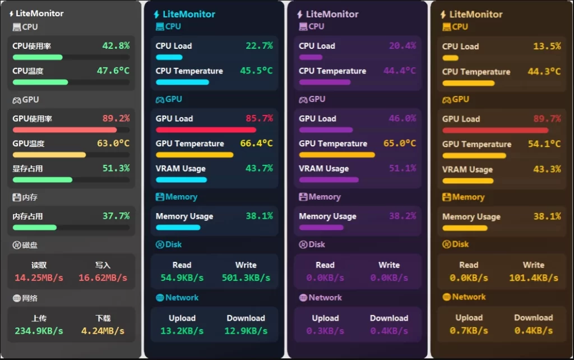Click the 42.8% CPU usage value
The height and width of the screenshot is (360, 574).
click(x=116, y=46)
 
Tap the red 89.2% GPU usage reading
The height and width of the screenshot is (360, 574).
click(x=116, y=118)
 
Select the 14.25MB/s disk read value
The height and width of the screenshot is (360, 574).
click(x=39, y=278)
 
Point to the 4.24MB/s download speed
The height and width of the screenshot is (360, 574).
click(x=103, y=331)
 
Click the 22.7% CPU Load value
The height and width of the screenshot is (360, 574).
click(x=259, y=46)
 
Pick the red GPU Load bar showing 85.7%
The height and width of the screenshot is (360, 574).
click(x=206, y=130)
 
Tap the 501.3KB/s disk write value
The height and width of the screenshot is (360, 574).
click(x=246, y=278)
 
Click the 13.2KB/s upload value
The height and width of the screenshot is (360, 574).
click(x=182, y=331)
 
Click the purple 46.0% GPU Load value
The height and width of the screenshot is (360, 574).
click(x=402, y=118)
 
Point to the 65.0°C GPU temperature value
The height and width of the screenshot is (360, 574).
click(x=400, y=144)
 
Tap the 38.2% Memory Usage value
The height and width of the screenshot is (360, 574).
click(x=402, y=216)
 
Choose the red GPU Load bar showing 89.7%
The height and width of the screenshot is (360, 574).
click(x=495, y=130)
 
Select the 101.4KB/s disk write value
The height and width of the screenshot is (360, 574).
click(x=533, y=278)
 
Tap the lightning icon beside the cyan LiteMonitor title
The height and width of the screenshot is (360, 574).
click(x=156, y=15)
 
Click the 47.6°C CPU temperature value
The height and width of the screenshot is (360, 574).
click(x=113, y=71)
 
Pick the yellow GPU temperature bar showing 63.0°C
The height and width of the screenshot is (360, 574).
click(x=49, y=155)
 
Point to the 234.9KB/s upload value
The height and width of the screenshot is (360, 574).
click(x=39, y=331)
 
